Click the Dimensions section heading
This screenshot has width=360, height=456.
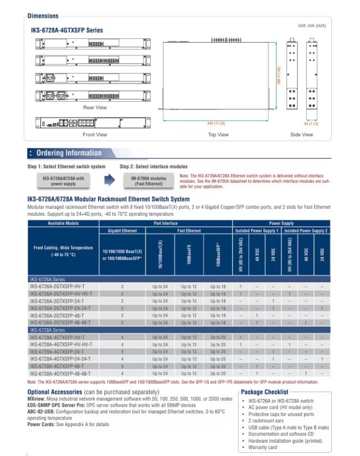(x=43, y=16)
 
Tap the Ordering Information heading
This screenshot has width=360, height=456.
(x=69, y=153)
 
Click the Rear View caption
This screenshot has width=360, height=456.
(x=95, y=108)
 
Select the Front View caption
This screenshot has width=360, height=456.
(x=95, y=134)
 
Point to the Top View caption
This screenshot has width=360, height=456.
(x=218, y=134)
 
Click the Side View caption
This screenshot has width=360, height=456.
(x=301, y=134)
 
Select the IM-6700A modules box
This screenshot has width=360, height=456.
(x=148, y=181)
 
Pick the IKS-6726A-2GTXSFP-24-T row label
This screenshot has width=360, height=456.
(x=57, y=301)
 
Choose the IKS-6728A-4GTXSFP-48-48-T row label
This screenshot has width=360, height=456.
(x=60, y=373)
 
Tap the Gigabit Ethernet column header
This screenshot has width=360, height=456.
(x=122, y=230)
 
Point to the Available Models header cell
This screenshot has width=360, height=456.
(x=63, y=223)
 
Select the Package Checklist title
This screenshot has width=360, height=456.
(x=264, y=392)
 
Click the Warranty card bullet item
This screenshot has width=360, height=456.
(x=263, y=447)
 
